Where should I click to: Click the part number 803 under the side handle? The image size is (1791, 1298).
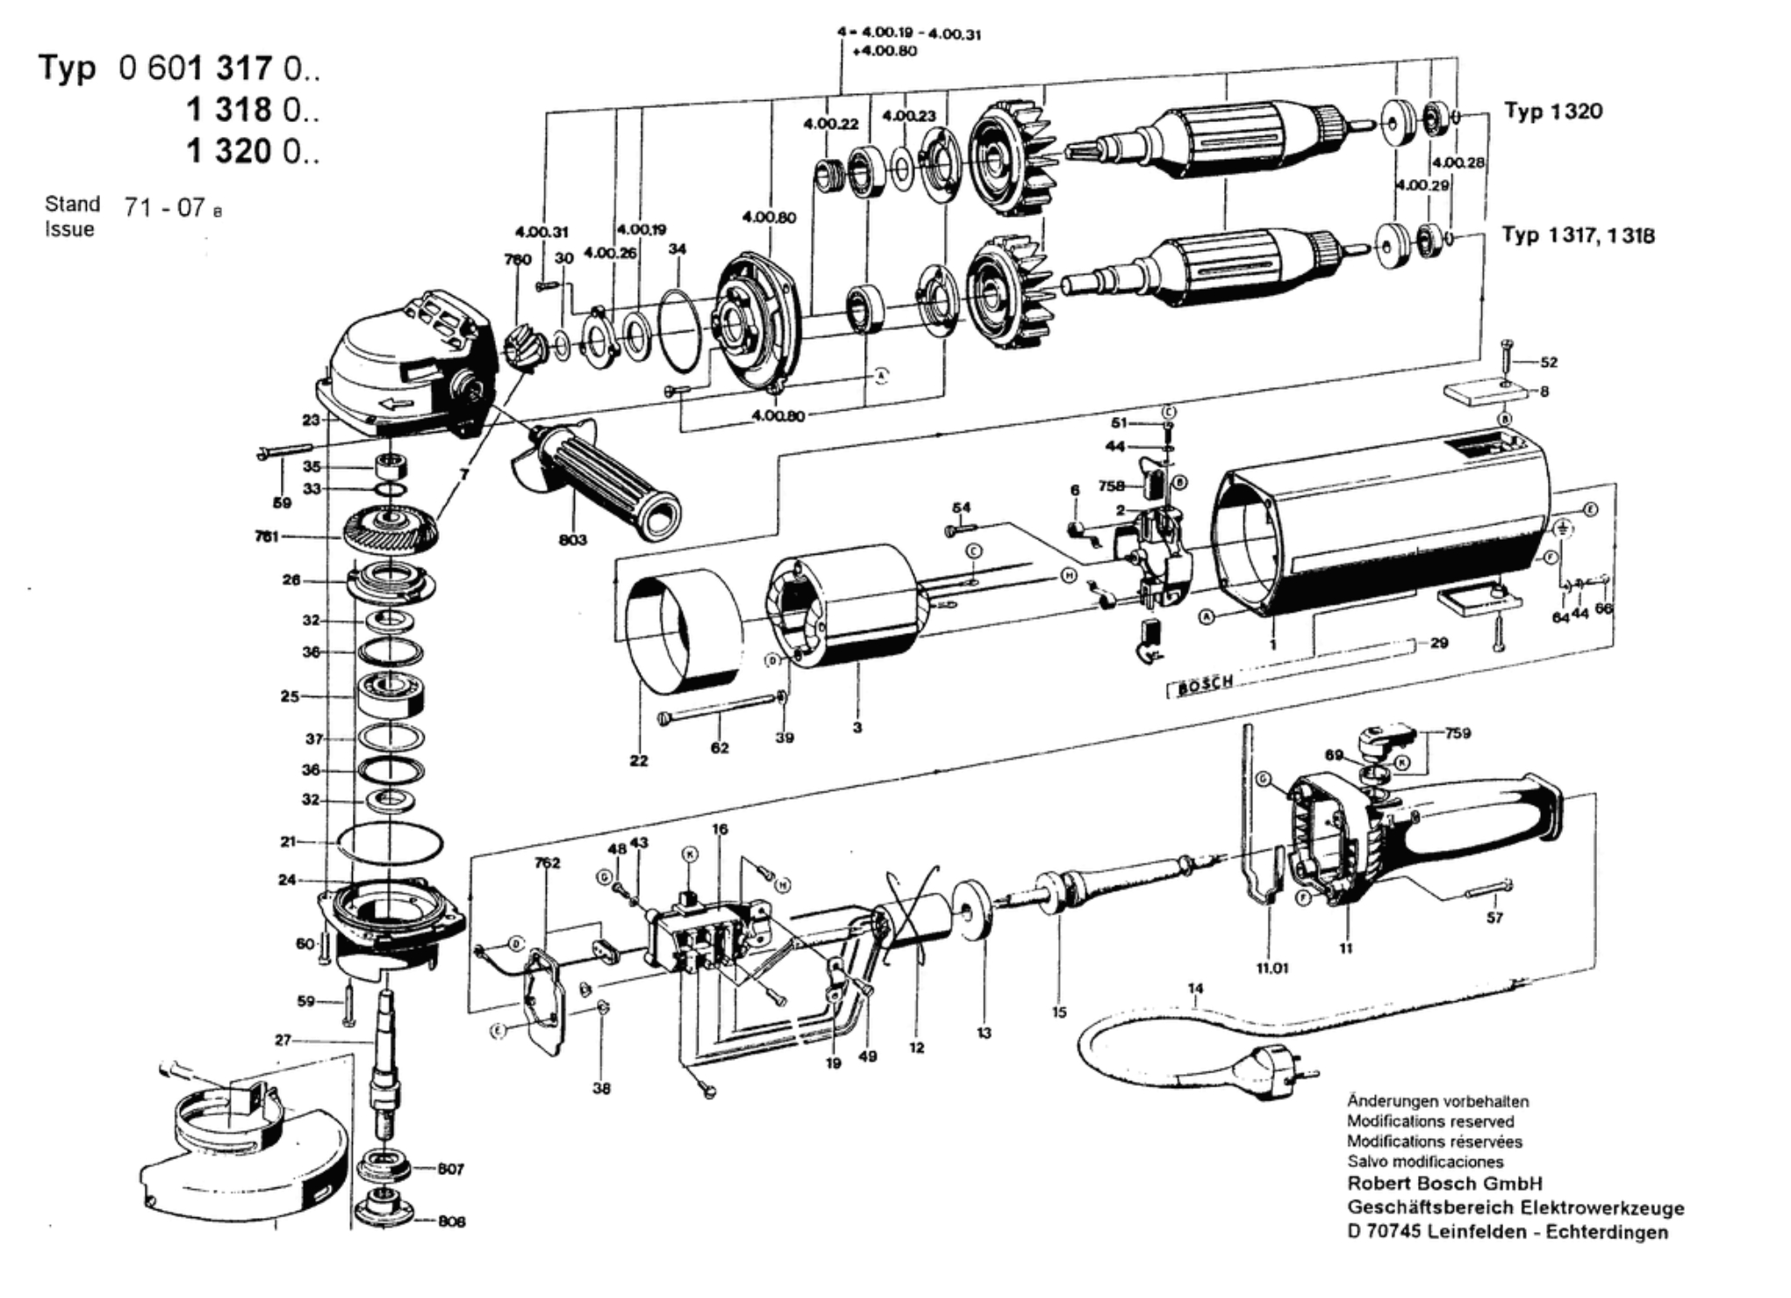tap(572, 539)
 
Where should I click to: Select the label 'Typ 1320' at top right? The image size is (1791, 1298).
tap(1553, 111)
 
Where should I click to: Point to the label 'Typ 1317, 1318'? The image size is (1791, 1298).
tap(1578, 235)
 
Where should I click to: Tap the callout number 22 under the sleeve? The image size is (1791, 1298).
tap(639, 760)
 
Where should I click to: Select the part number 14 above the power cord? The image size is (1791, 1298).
tap(1195, 989)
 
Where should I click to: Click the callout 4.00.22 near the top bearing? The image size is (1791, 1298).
tap(830, 125)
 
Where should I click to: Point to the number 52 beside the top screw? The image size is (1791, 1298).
tap(1548, 362)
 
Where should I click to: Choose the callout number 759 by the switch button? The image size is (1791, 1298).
tap(1458, 733)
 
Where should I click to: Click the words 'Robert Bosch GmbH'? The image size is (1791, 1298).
tap(1444, 1184)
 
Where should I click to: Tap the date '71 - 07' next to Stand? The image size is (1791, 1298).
tap(166, 208)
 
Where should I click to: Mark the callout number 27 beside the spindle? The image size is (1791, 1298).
tap(283, 1041)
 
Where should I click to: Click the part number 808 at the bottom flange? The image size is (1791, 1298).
tap(451, 1221)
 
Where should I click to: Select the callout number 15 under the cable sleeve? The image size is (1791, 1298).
tap(1059, 1012)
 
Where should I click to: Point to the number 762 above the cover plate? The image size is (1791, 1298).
tap(547, 863)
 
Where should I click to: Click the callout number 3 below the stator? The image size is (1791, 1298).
tap(857, 728)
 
